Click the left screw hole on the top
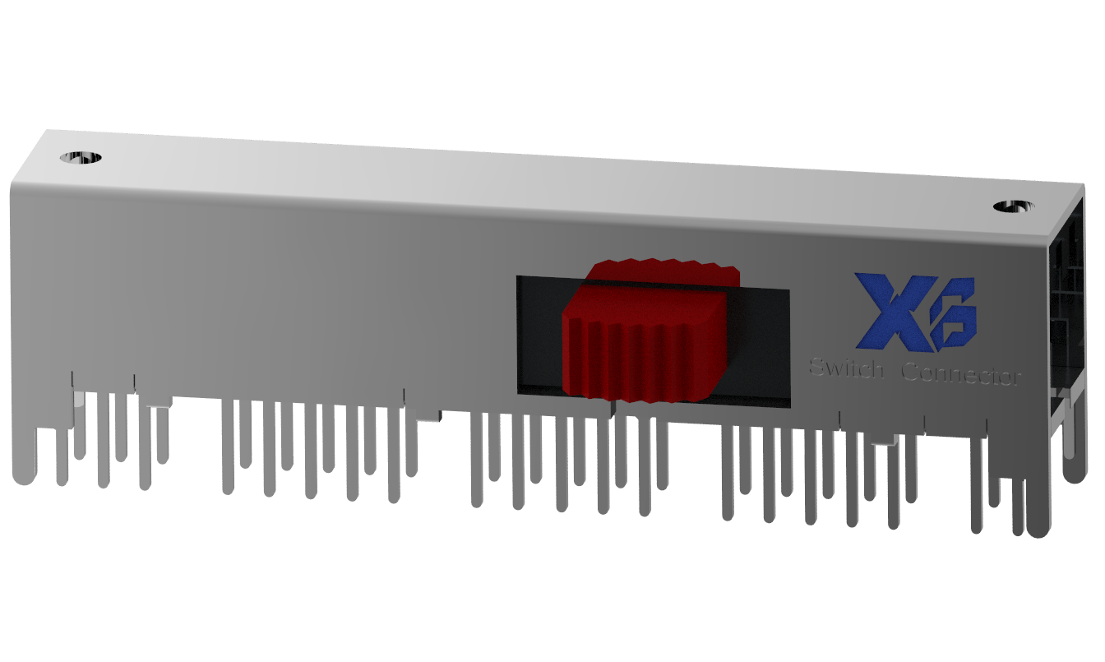click(x=81, y=157)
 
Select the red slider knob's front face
click(x=641, y=350)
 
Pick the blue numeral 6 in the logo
click(x=954, y=314)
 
